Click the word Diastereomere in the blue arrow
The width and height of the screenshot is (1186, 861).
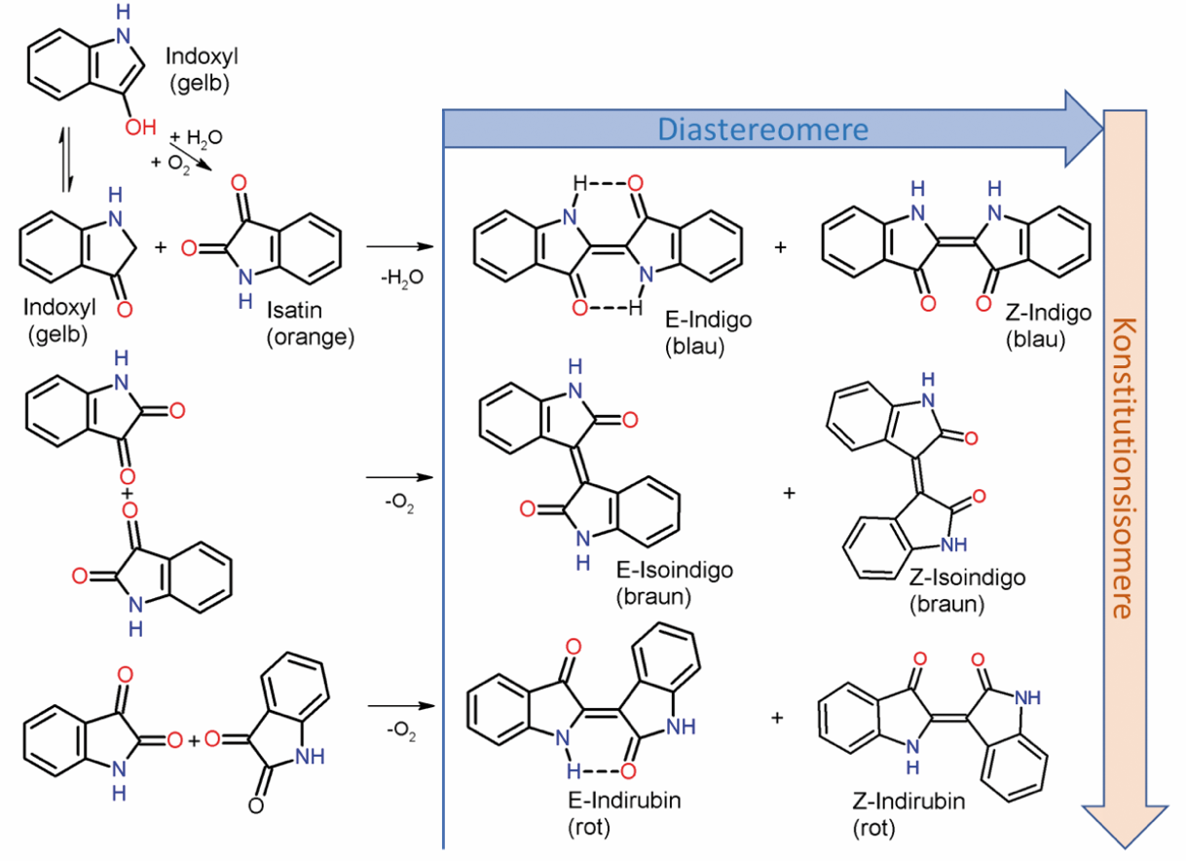point(760,129)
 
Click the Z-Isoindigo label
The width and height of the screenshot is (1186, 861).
point(966,579)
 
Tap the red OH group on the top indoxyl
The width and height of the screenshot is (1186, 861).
point(138,127)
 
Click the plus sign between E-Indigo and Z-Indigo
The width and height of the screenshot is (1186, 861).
point(780,248)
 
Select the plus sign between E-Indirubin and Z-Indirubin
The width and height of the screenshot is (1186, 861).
point(777,718)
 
